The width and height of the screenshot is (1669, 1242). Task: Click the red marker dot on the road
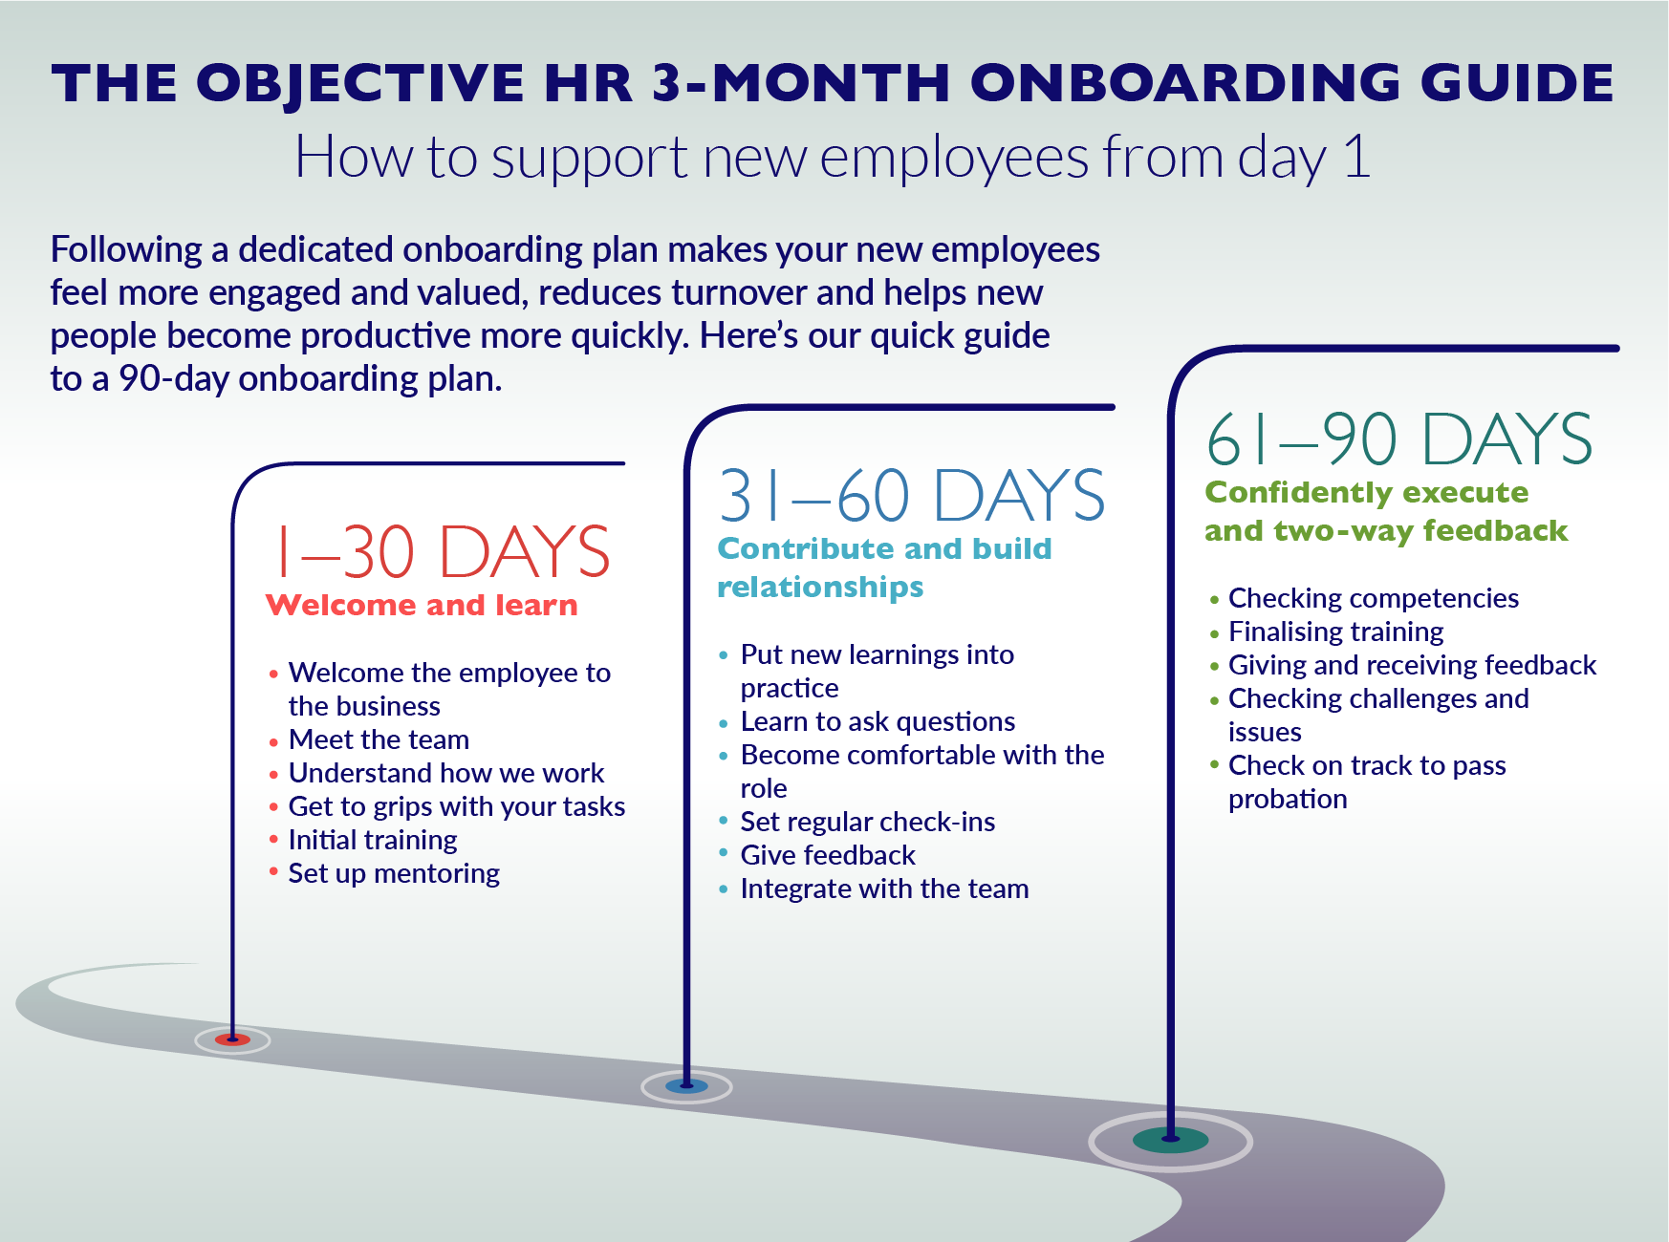[x=232, y=1039]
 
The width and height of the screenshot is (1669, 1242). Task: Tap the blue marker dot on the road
[x=686, y=1086]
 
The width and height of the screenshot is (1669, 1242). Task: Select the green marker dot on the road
[x=1170, y=1140]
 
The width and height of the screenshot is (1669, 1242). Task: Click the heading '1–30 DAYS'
[x=442, y=552]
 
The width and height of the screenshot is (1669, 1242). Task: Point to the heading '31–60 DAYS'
[x=911, y=496]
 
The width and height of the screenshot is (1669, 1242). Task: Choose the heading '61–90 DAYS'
[x=1398, y=439]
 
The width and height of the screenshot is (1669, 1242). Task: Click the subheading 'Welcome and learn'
[x=422, y=606]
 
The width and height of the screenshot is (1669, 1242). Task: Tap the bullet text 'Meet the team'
[x=379, y=739]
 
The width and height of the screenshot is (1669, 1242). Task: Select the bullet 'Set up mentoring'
[x=394, y=873]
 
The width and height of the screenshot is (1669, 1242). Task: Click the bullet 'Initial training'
[x=373, y=840]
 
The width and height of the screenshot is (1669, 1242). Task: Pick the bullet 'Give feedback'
[x=828, y=855]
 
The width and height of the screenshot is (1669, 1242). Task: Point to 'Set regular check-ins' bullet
[x=867, y=822]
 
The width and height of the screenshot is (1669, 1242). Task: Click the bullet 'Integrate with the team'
[x=884, y=889]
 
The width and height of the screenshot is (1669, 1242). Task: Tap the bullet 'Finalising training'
[x=1335, y=632]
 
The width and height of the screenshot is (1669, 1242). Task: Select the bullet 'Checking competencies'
[x=1373, y=598]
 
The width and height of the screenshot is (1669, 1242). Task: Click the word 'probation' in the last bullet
[x=1288, y=799]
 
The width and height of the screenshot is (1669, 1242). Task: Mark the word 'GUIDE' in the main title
[x=1517, y=83]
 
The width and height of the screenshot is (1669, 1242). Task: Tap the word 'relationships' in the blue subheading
[x=820, y=587]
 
